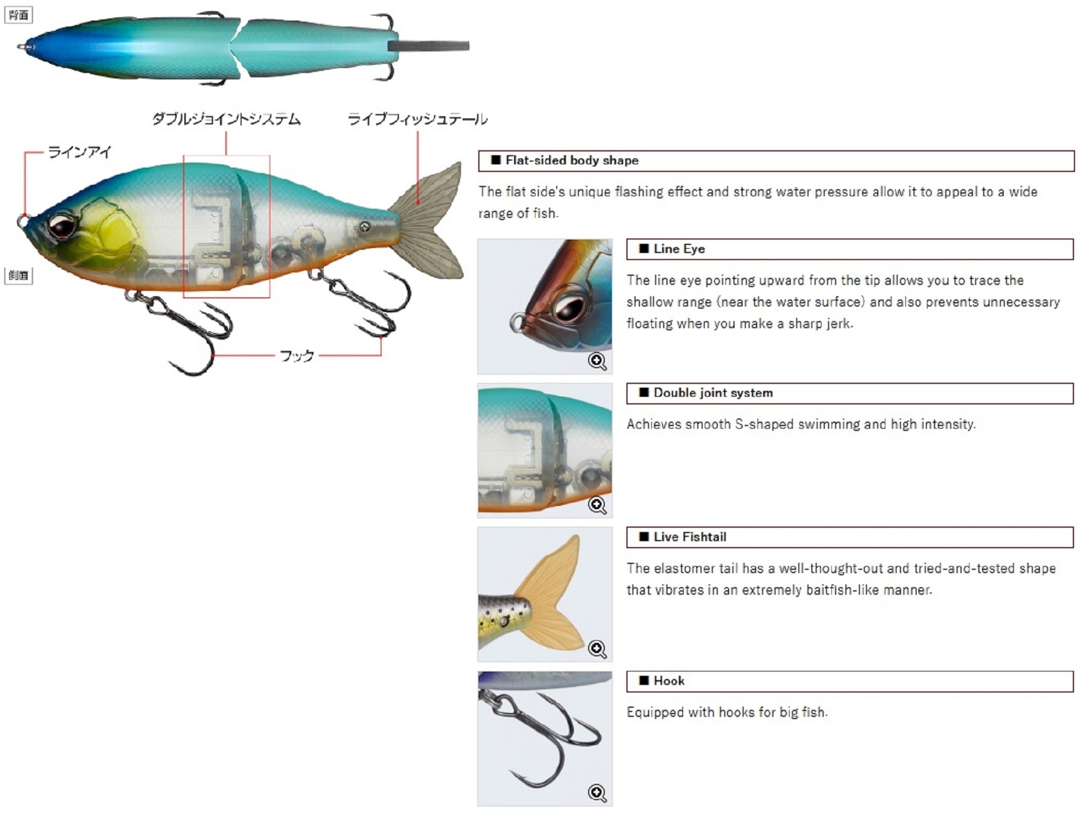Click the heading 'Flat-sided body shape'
(572, 161)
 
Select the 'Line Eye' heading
(679, 249)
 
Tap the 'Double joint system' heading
(713, 393)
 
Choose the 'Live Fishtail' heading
(690, 537)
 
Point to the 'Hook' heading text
(669, 681)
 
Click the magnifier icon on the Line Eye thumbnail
(597, 361)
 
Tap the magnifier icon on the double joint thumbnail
(597, 505)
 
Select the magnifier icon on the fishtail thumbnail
(597, 649)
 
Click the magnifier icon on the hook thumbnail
(597, 793)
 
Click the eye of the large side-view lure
(61, 225)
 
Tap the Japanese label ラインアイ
(79, 152)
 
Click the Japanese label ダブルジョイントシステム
(226, 119)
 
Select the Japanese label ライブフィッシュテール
(417, 119)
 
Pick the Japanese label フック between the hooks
(297, 356)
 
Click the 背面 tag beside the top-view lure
(18, 15)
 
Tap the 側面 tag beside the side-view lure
(18, 276)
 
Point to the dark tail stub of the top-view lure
(428, 46)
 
